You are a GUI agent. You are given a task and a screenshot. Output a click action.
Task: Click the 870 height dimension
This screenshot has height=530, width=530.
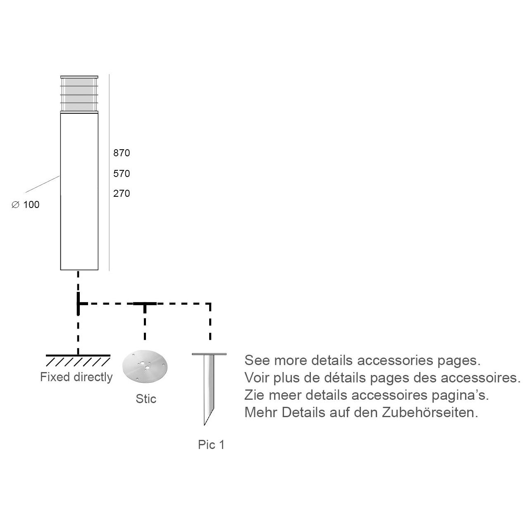122,153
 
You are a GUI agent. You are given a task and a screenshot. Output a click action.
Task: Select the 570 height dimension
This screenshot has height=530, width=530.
122,174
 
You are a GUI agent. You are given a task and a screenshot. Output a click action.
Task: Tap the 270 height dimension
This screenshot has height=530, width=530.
122,193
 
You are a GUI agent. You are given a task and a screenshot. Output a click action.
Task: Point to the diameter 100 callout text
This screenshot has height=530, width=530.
26,205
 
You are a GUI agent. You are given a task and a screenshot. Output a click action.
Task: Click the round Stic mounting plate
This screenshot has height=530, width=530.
145,366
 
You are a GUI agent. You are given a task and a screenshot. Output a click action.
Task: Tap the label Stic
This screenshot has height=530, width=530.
146,399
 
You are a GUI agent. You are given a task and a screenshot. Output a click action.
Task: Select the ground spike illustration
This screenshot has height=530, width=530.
209,389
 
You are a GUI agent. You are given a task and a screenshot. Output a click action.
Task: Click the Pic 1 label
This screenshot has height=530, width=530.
211,445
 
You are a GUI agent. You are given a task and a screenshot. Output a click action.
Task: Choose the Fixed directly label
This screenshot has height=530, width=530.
76,377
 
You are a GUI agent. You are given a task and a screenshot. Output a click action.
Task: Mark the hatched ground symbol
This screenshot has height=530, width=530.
78,360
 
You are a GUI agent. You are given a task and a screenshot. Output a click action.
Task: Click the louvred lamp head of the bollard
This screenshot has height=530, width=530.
79,94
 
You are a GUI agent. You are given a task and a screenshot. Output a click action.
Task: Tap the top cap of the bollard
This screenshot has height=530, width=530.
79,77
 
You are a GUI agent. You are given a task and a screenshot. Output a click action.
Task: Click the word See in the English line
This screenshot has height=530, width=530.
257,360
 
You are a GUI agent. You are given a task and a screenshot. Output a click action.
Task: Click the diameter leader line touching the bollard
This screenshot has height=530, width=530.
43,184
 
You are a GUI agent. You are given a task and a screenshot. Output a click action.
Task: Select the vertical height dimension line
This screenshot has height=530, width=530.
109,172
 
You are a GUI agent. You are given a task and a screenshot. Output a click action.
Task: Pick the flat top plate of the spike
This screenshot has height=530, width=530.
209,354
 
